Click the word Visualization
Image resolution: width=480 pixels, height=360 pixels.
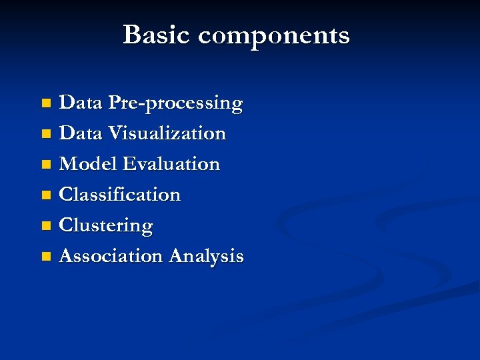click(167, 133)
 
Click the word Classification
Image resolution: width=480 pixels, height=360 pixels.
click(120, 195)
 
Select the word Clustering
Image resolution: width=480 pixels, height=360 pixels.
click(106, 226)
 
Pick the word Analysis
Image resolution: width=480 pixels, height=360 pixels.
click(207, 257)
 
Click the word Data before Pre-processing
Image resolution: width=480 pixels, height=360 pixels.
click(81, 103)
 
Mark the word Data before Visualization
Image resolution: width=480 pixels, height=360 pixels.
click(81, 133)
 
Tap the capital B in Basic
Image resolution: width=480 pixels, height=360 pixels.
click(132, 35)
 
